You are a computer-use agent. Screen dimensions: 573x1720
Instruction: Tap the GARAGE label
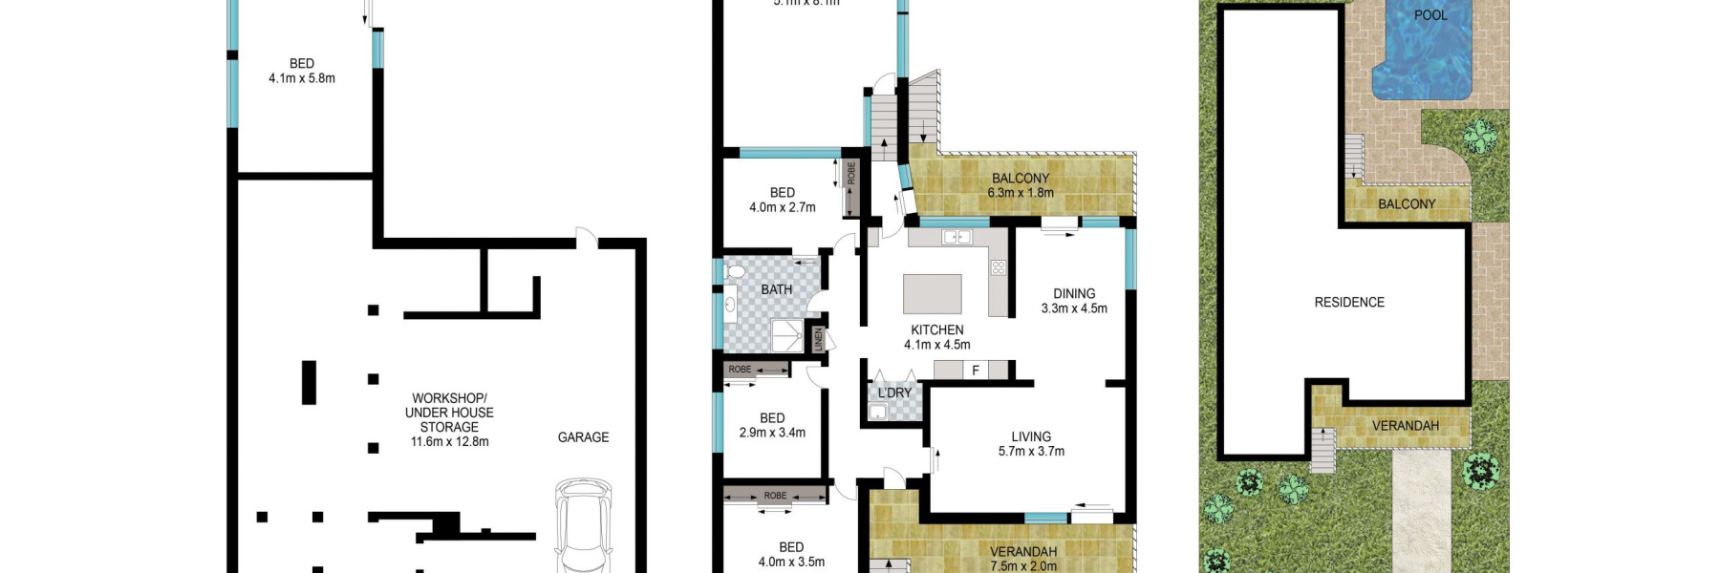(x=583, y=437)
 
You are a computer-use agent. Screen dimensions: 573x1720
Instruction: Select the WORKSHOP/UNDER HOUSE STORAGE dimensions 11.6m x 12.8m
(x=449, y=442)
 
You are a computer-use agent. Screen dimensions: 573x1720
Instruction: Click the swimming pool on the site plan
(x=1422, y=53)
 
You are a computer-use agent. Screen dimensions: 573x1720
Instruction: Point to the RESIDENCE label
(x=1348, y=303)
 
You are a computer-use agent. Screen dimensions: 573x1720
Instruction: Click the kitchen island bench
(x=933, y=294)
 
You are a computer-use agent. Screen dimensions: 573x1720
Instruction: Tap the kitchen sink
(x=957, y=237)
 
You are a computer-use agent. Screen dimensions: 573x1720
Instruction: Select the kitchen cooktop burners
(x=998, y=268)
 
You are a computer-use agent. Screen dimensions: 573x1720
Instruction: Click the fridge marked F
(x=976, y=371)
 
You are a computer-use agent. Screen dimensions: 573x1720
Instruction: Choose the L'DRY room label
(x=894, y=393)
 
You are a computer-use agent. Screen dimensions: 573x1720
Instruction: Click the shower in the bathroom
(x=788, y=334)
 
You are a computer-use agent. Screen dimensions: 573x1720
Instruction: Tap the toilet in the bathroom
(x=734, y=273)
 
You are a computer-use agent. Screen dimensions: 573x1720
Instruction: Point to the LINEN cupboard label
(x=818, y=338)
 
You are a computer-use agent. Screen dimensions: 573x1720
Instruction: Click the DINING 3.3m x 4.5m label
(x=1074, y=301)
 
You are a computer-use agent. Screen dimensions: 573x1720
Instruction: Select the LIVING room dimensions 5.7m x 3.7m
(x=1031, y=452)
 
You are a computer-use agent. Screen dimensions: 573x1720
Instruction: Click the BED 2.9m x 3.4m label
(x=772, y=425)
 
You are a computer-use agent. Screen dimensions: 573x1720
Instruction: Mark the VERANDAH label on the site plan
(x=1405, y=426)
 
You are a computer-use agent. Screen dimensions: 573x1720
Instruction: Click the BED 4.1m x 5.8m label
(x=302, y=71)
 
